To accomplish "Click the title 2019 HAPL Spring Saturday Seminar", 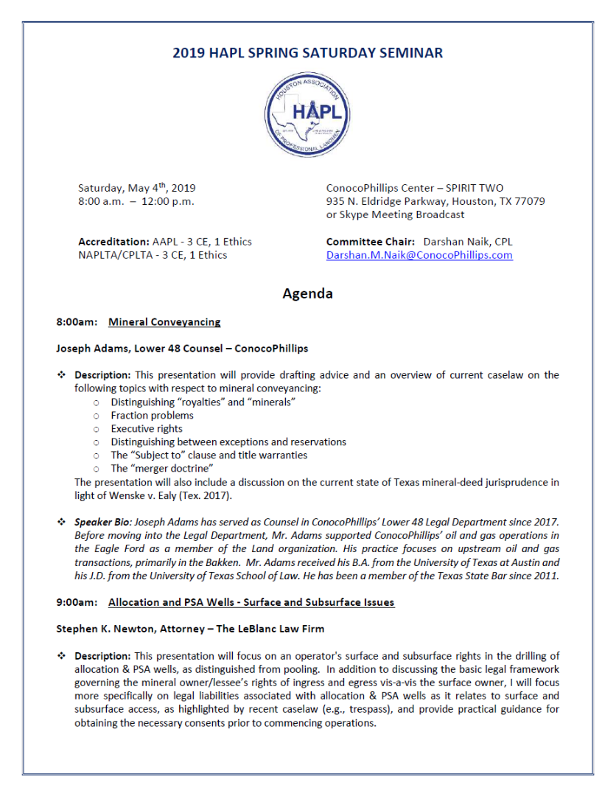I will point(307,53).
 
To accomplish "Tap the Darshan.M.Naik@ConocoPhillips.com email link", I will point(419,256).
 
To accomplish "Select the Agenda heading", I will point(307,293).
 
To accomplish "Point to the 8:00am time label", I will point(77,322).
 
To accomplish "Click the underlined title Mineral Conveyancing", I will point(164,322).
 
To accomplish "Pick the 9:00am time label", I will point(77,603).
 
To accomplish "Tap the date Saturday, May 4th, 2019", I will point(136,188).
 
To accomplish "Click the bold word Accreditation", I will point(113,242).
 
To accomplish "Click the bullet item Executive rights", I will point(147,428).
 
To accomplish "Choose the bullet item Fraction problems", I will point(152,415).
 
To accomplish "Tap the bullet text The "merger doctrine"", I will point(162,468).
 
